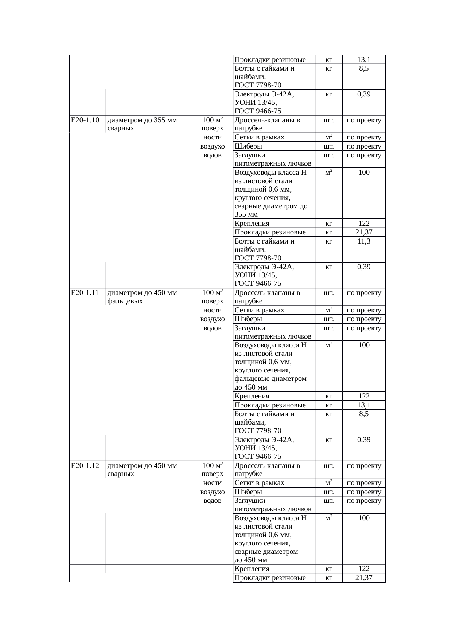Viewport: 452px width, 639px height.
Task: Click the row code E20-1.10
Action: coord(85,120)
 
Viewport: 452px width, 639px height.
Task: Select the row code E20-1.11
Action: coord(85,293)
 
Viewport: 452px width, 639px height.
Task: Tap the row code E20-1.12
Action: coord(85,466)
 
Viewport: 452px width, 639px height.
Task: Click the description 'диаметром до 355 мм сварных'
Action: coord(143,124)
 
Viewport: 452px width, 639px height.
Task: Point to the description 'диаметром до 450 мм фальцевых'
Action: coord(143,297)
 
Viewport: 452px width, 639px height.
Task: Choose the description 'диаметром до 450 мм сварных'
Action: coord(143,470)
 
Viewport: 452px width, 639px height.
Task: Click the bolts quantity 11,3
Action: coord(363,241)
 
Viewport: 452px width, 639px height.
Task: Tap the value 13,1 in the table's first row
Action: coord(364,60)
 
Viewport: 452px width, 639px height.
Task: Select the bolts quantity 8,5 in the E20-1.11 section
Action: coord(363,414)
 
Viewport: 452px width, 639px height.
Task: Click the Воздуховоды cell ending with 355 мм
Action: coord(271,193)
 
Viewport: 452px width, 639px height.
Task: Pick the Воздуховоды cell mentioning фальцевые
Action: coord(271,366)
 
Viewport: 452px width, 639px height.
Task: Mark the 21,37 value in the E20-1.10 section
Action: coord(364,232)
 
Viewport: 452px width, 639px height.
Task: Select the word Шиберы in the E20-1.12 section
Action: coord(248,492)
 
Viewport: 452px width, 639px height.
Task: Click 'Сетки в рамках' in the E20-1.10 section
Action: coord(260,137)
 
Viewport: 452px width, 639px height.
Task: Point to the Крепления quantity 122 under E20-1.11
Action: coord(364,396)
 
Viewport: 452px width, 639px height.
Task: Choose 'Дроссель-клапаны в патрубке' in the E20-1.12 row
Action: coord(268,470)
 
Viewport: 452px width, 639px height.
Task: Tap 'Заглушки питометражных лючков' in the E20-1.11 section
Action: coord(273,332)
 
